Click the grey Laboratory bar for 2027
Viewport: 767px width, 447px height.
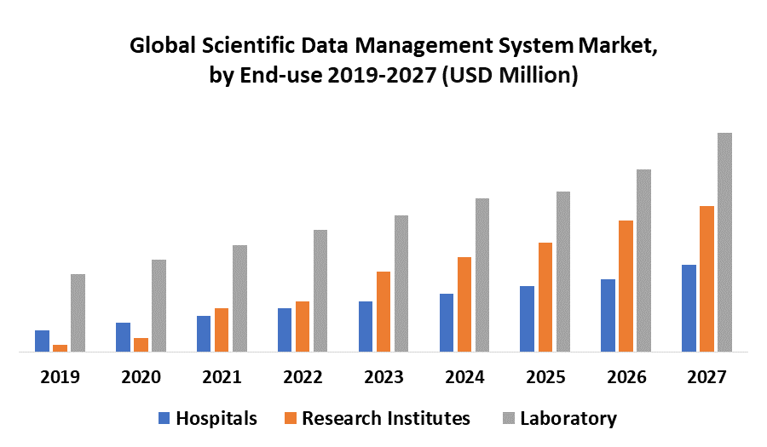[x=724, y=242]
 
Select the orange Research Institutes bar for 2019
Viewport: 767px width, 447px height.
[x=60, y=347]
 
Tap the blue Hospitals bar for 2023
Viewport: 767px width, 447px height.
[x=366, y=326]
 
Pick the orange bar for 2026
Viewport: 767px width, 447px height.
[x=626, y=285]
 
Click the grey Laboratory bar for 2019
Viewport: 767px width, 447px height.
[x=78, y=312]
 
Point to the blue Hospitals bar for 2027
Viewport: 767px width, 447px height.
[x=689, y=307]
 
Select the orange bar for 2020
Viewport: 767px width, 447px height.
[x=141, y=344]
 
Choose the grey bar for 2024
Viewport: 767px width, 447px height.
[x=482, y=274]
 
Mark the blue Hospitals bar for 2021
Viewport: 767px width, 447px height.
[x=204, y=333]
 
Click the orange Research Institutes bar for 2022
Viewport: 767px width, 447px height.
[x=303, y=326]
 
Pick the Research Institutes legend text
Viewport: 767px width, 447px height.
[x=385, y=418]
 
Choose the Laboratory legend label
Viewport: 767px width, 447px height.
[x=568, y=418]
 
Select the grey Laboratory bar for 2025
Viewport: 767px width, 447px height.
[x=563, y=271]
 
